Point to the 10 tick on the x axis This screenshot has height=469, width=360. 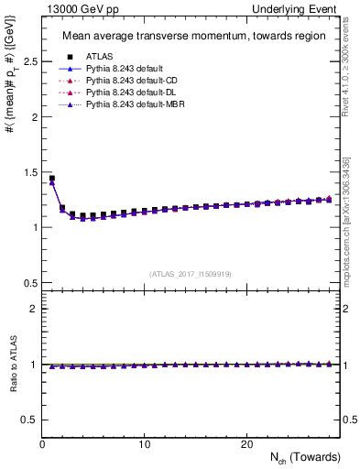pos(144,443)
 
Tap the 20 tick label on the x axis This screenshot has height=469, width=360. pos(245,443)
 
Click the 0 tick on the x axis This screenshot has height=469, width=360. pos(42,443)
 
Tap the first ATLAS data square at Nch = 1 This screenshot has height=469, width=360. pos(52,179)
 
